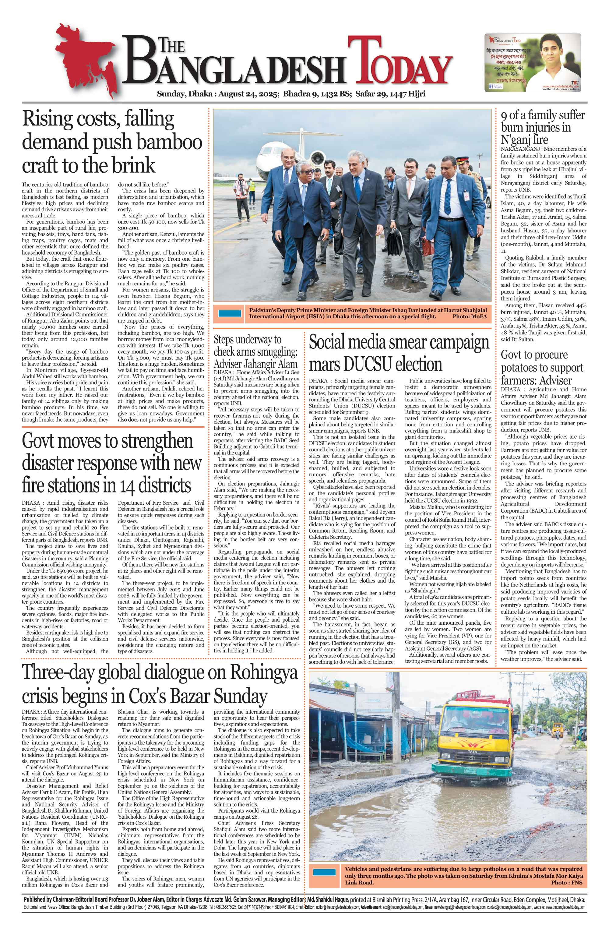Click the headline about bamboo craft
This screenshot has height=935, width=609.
click(112, 142)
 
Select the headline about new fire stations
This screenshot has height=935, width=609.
click(112, 464)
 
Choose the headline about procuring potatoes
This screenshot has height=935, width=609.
click(542, 367)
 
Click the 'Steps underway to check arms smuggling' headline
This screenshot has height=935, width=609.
click(256, 351)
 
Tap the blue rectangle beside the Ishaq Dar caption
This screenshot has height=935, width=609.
click(230, 313)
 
